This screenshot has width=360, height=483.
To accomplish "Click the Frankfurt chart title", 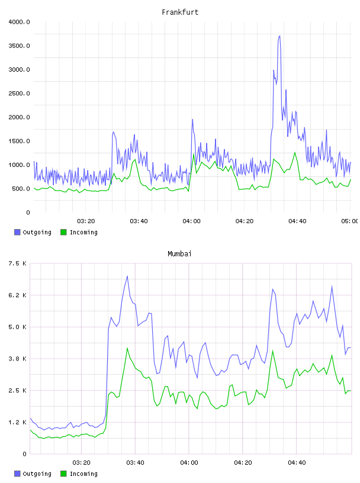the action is coord(180,12).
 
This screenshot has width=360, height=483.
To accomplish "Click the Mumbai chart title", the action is coord(179,254).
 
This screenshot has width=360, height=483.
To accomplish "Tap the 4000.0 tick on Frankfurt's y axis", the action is coord(19,22).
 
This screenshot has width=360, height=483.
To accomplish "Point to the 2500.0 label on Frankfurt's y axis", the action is coord(19,94).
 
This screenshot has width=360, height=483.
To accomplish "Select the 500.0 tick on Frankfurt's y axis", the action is coord(21,188).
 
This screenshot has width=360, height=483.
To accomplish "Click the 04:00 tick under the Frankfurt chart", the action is coord(191,221).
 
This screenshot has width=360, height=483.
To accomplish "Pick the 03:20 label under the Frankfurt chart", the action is coord(86,221).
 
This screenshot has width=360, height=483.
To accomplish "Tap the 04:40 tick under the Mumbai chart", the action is coord(297,462).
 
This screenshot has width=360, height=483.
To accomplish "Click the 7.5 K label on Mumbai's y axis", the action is coord(18,263).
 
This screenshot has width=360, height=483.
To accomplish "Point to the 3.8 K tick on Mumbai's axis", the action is coord(18,359).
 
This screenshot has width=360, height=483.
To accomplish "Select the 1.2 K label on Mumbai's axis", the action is coord(18,422).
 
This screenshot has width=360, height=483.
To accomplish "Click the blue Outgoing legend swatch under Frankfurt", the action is coord(17,232).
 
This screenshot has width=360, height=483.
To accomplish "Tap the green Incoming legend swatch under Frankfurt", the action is coord(63,232).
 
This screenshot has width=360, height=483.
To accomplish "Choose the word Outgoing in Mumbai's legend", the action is coord(37,474).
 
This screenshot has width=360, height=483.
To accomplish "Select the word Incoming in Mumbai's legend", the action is coord(83,474).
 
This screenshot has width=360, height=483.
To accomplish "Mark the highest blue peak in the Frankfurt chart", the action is coord(279,36).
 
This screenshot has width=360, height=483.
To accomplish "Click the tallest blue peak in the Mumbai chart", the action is coord(127,276).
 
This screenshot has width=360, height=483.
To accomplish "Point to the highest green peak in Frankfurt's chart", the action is coord(295,152).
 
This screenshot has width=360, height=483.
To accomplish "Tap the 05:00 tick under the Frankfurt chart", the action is coord(350,221).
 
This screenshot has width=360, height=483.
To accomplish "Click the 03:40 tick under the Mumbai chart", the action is coord(136,462).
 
